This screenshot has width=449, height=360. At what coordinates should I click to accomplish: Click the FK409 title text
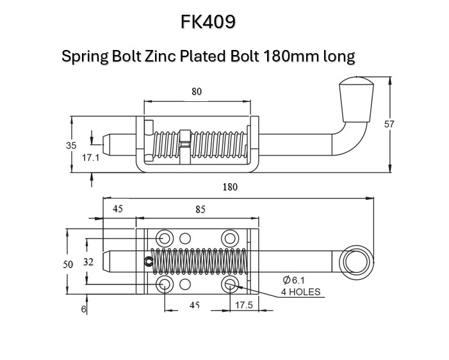pos(208,22)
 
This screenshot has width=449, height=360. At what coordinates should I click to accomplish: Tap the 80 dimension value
pos(197,92)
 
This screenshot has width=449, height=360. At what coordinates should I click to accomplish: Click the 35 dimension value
pos(71,145)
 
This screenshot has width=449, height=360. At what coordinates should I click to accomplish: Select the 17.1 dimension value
pos(90,157)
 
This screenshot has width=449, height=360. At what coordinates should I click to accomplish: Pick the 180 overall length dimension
pos(230,187)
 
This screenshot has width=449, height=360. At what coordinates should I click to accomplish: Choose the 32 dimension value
pos(88,261)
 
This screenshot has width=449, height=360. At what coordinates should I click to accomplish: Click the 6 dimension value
pos(83,309)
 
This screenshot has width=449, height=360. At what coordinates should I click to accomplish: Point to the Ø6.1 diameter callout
pos(297,280)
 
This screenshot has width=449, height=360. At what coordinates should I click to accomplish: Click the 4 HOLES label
pos(300,292)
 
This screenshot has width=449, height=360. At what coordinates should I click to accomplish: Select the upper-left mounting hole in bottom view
pos(164,238)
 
